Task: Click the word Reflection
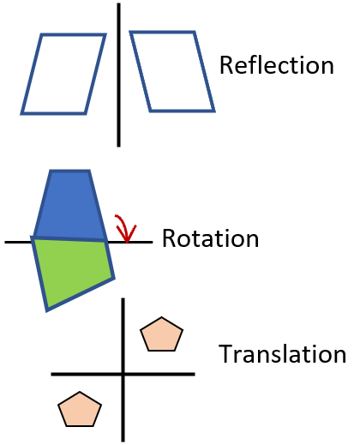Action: pyautogui.click(x=276, y=65)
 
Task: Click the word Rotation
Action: pyautogui.click(x=210, y=238)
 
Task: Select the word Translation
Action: pyautogui.click(x=282, y=354)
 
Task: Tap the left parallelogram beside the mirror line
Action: pyautogui.click(x=63, y=74)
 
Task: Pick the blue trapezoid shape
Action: pyautogui.click(x=70, y=206)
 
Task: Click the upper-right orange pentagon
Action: pyautogui.click(x=162, y=335)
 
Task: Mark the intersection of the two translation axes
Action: pyautogui.click(x=123, y=374)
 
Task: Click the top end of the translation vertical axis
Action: pyautogui.click(x=123, y=301)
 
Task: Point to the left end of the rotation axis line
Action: pyautogui.click(x=7, y=243)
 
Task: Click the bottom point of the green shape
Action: pyautogui.click(x=48, y=309)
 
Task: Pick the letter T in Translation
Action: pyautogui.click(x=225, y=354)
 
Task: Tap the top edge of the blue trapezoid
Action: pyautogui.click(x=70, y=172)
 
